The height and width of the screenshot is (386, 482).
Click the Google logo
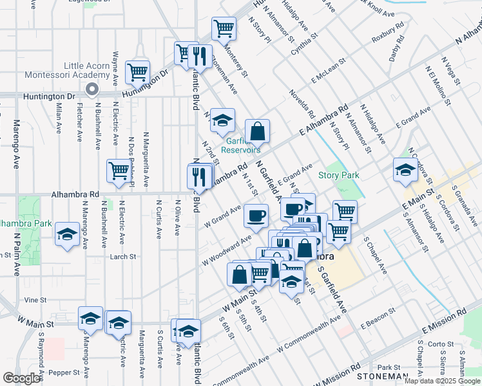pos(21,378)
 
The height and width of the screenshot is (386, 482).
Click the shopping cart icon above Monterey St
pos(224,28)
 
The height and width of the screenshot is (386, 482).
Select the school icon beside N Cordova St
pos(405,170)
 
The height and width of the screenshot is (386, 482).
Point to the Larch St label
pos(122,256)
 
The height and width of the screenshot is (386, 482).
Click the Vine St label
pos(35,300)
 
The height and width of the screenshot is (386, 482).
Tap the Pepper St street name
pos(63,372)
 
